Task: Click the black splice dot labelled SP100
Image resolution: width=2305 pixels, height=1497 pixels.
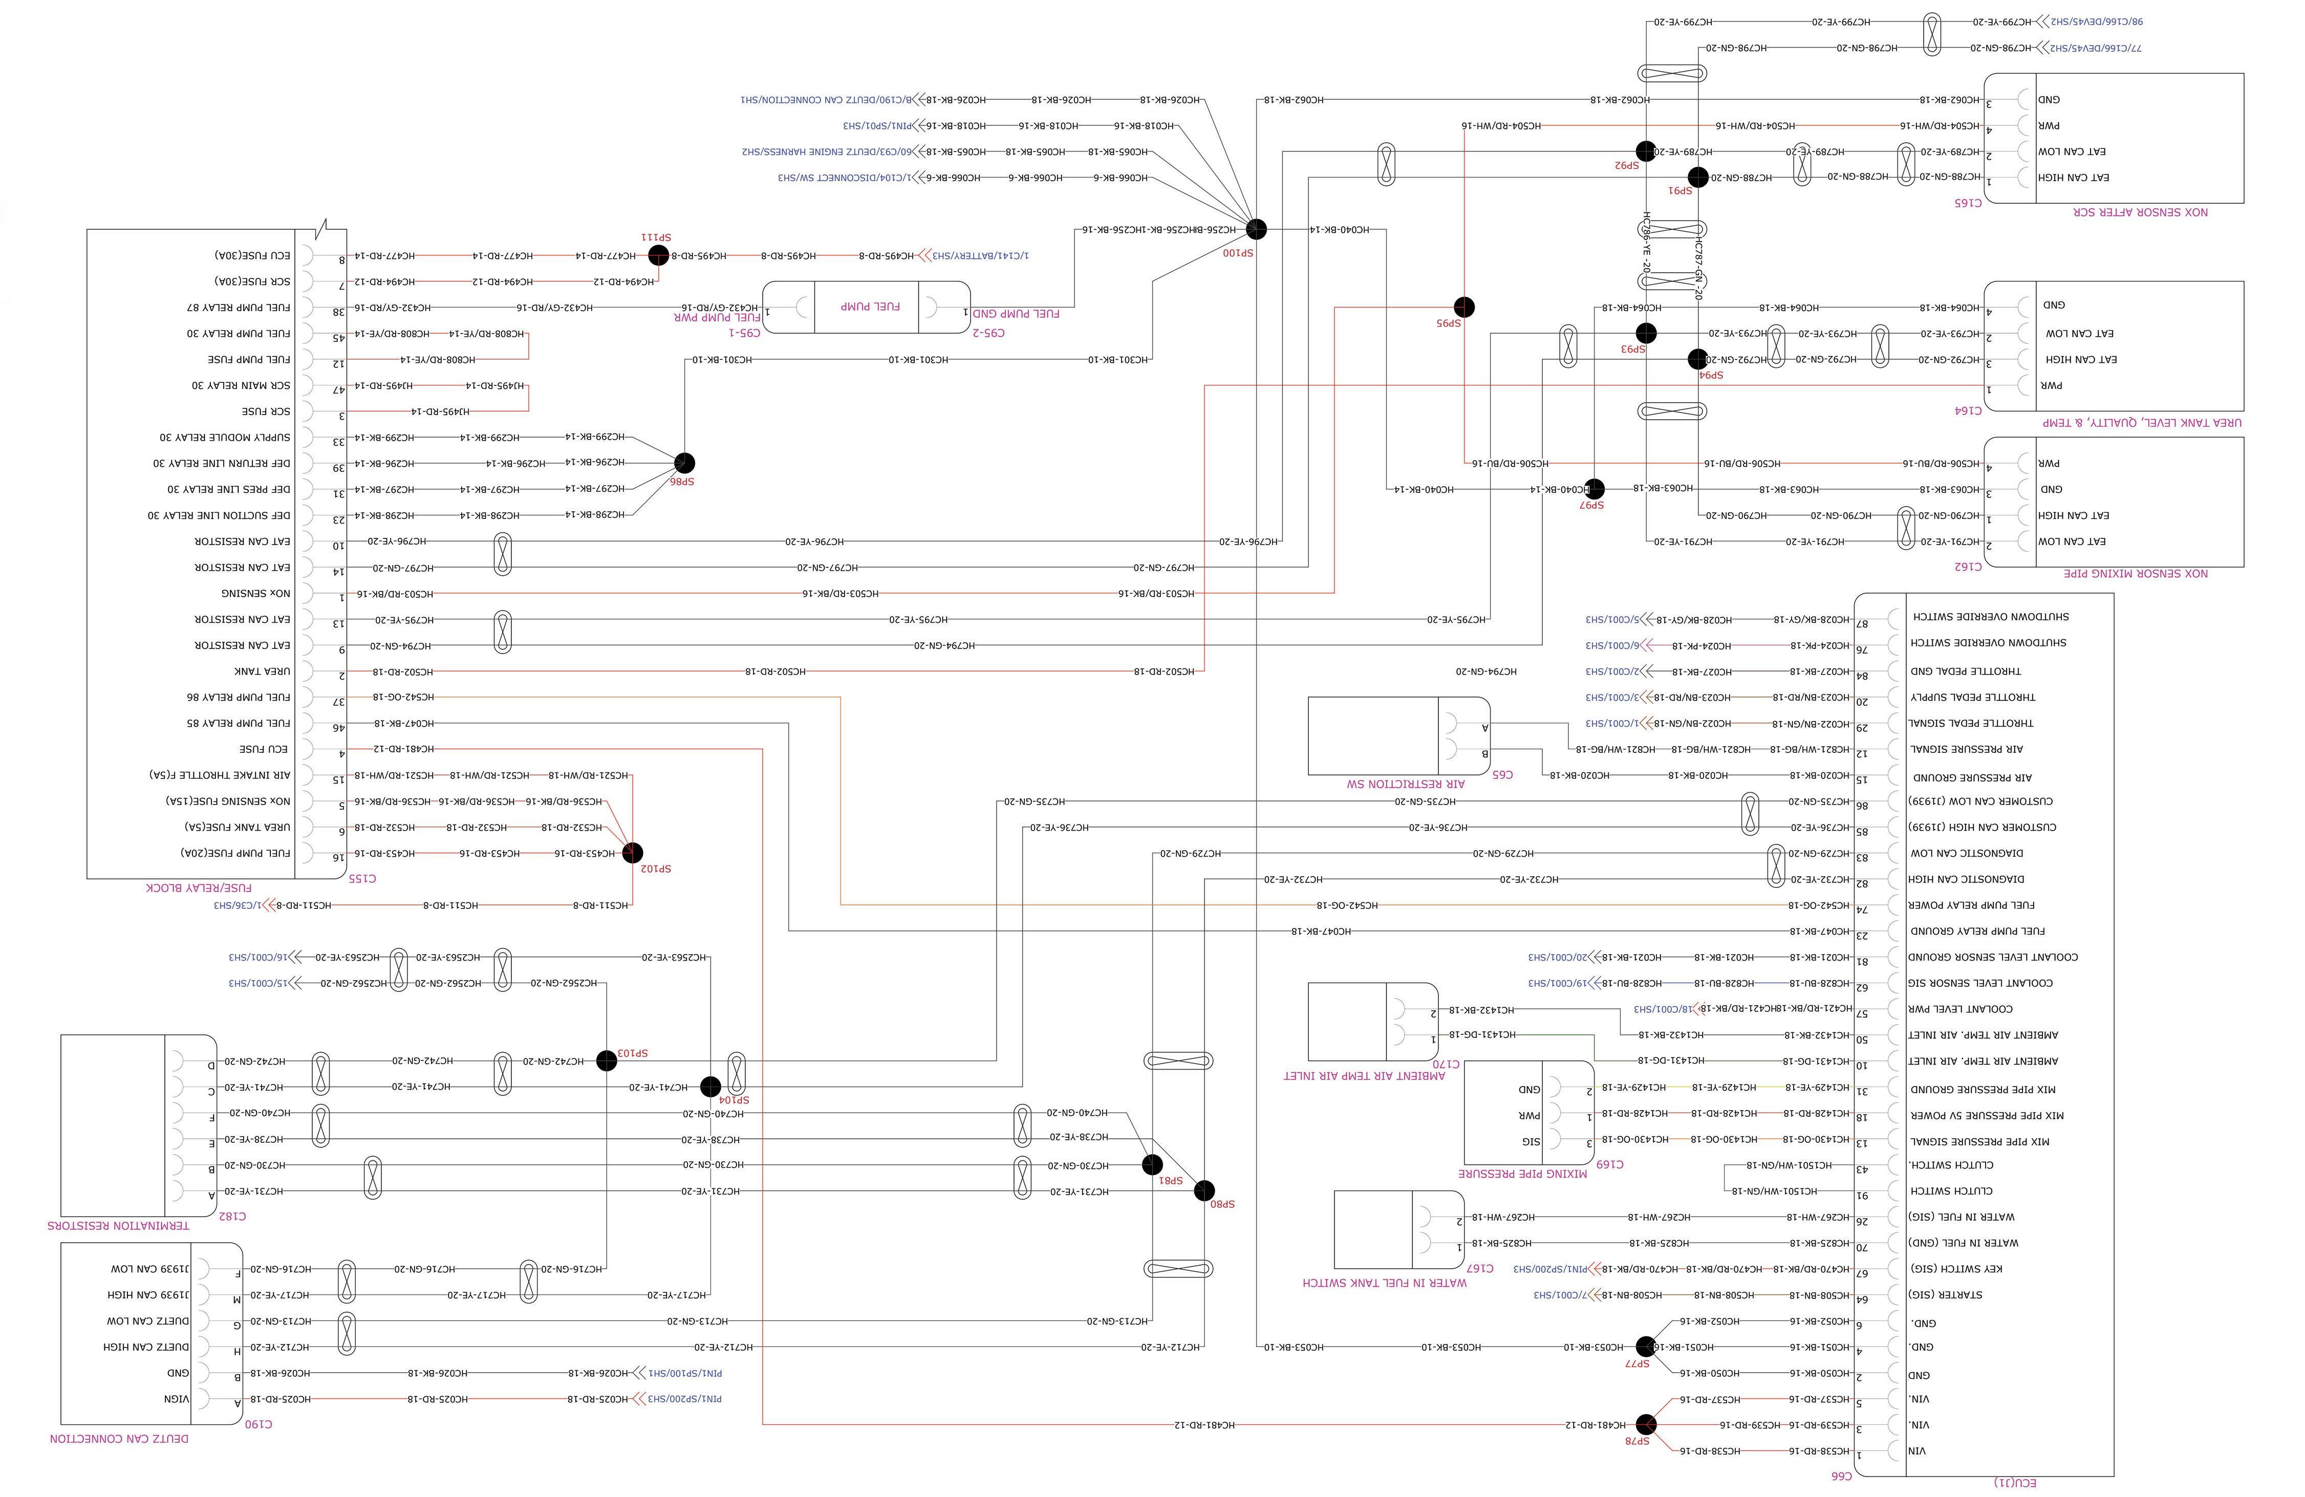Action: (x=1256, y=229)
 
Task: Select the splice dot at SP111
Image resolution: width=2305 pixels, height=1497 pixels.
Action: (x=659, y=255)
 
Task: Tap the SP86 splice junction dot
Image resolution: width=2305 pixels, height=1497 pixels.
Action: (x=685, y=463)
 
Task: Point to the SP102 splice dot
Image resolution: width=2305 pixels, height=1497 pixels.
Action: (x=632, y=853)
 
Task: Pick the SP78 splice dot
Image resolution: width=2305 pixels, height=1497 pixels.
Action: (x=1646, y=1424)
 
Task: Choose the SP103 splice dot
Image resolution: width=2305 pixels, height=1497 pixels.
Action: (x=606, y=1060)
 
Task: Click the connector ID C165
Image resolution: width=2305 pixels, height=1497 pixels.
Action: (x=1968, y=202)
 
